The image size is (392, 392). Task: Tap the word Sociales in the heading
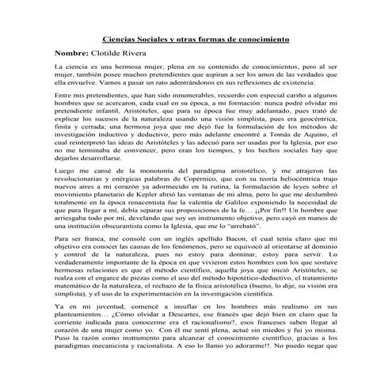click(162, 39)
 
